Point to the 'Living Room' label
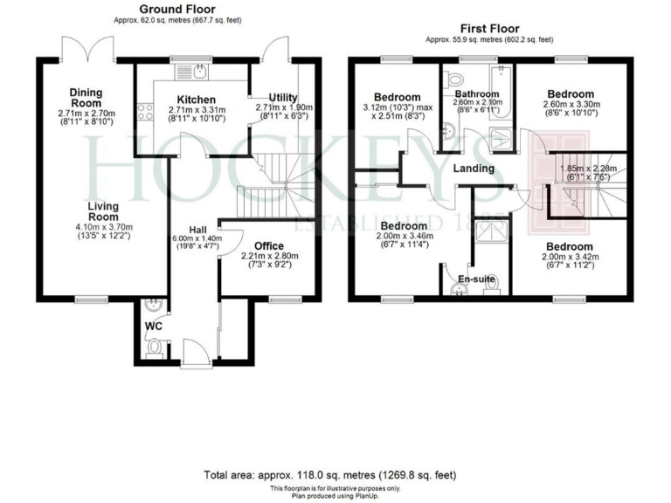pyautogui.click(x=102, y=211)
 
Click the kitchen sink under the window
pyautogui.click(x=200, y=70)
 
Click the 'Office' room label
pyautogui.click(x=269, y=245)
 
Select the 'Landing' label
pyautogui.click(x=474, y=168)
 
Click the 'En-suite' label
pyautogui.click(x=477, y=279)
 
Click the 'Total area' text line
pyautogui.click(x=329, y=476)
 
